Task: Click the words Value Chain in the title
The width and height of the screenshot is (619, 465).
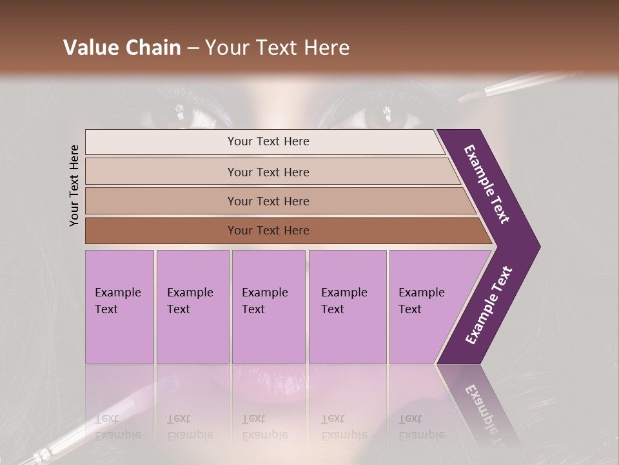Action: (x=122, y=48)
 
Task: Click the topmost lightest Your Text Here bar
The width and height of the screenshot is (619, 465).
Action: (x=264, y=141)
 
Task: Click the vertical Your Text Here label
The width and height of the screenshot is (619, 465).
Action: (x=74, y=185)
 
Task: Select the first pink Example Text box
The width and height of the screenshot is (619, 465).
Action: (x=119, y=307)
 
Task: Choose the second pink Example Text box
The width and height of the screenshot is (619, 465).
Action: (x=192, y=307)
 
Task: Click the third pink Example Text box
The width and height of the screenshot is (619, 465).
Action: (x=268, y=307)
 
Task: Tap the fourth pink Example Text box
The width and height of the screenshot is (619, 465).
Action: (x=347, y=307)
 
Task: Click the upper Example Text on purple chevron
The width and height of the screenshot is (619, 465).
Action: (x=487, y=185)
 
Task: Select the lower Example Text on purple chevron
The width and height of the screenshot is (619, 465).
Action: (x=489, y=305)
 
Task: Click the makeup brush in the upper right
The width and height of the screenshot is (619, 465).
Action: (x=516, y=85)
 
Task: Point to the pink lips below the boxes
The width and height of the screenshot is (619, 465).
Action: (x=258, y=378)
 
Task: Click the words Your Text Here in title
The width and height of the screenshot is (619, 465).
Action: (x=277, y=48)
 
